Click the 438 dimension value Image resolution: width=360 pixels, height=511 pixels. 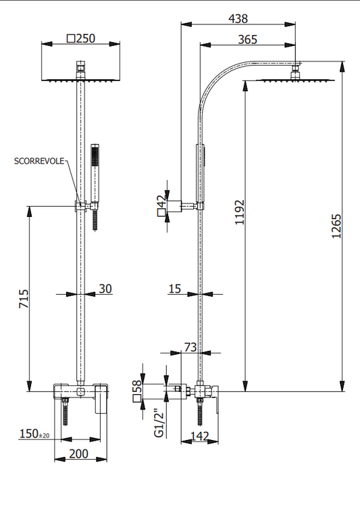pos(238,18)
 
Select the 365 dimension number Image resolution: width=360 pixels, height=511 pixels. pos(248,39)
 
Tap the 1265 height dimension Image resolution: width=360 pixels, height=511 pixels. pos(336,226)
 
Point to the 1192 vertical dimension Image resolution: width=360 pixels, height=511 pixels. pos(240,212)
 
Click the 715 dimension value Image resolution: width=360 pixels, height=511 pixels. pos(24,299)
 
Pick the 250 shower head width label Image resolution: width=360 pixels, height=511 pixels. pos(86,39)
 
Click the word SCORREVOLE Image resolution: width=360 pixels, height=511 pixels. pos(39,161)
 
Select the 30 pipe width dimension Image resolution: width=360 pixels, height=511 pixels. pos(105,289)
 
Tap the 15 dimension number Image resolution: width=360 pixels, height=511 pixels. pos(175,289)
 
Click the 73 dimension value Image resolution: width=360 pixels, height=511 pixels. pos(190,347)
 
